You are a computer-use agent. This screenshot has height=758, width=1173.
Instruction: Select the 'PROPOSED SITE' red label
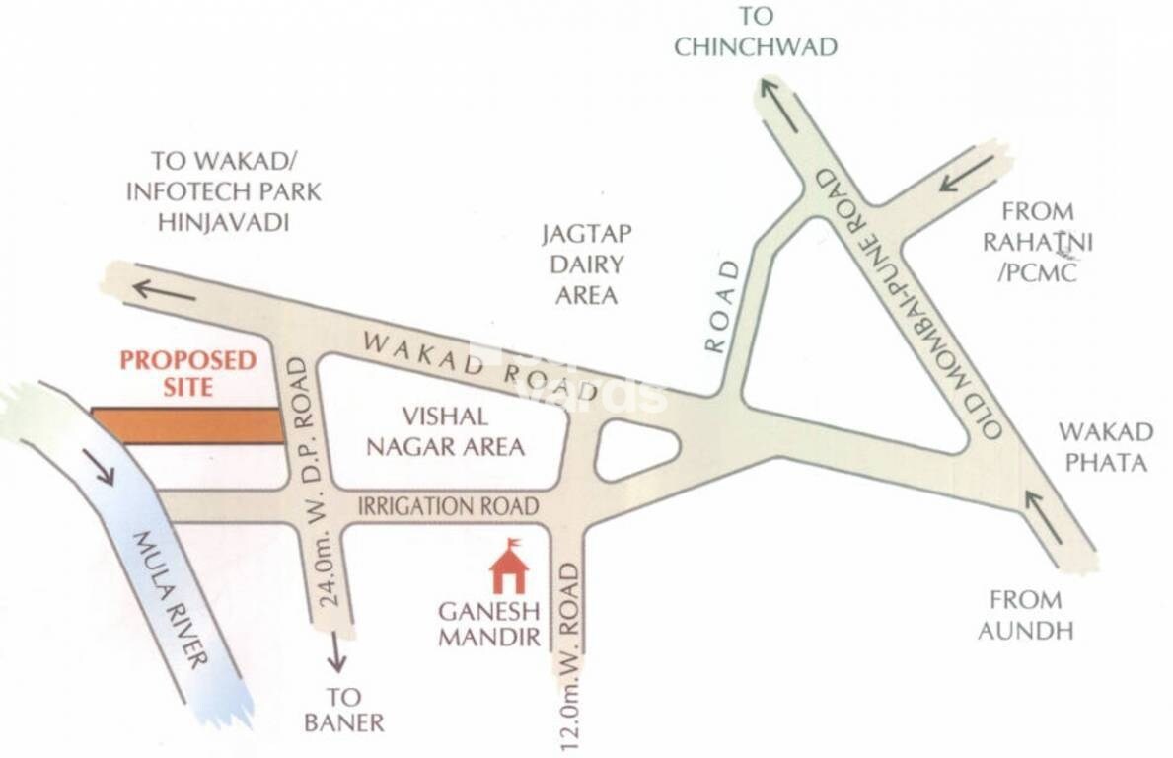pyautogui.click(x=187, y=372)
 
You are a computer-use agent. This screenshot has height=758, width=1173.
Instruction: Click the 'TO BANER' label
pyautogui.click(x=343, y=708)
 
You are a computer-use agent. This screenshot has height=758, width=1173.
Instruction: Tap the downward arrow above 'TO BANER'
pyautogui.click(x=336, y=651)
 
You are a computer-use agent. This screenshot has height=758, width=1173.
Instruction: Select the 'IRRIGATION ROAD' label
pyautogui.click(x=448, y=506)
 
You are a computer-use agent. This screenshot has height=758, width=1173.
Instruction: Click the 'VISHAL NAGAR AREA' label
pyautogui.click(x=445, y=432)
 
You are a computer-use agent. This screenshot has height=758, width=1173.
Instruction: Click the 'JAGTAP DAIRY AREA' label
pyautogui.click(x=586, y=264)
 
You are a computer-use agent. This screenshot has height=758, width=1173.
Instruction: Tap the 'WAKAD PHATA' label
pyautogui.click(x=1105, y=446)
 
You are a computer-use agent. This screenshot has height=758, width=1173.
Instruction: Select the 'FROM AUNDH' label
pyautogui.click(x=1026, y=614)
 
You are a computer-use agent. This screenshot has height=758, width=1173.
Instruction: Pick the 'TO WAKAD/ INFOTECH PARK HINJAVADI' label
pyautogui.click(x=223, y=190)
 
